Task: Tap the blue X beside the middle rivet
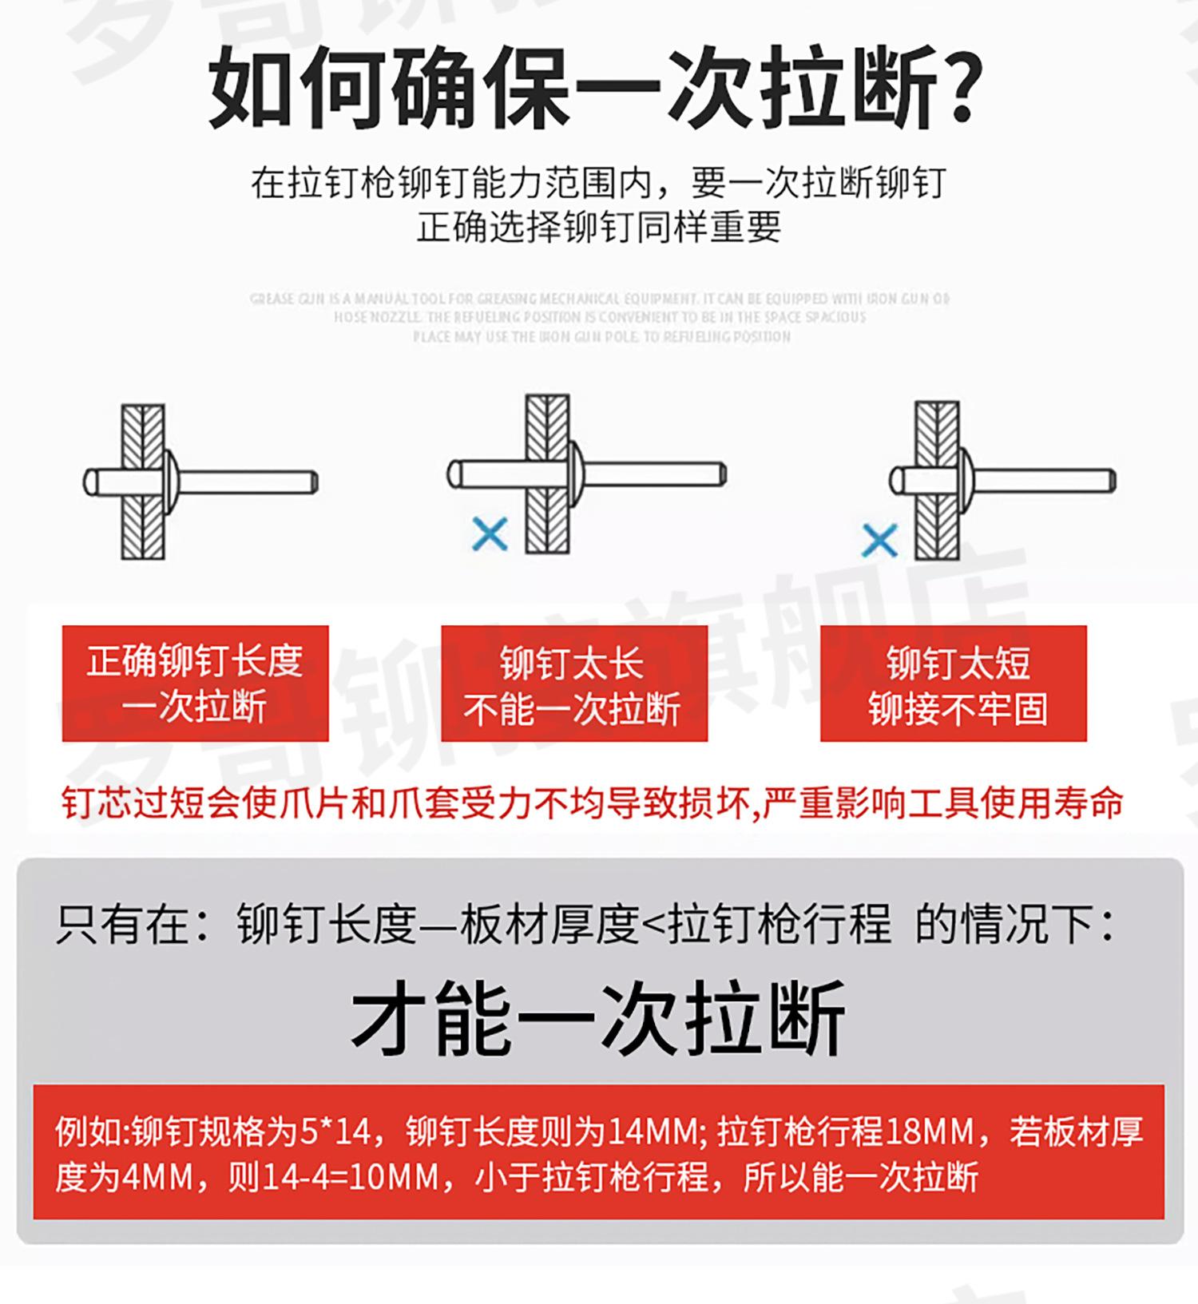490,534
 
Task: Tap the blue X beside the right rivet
880,541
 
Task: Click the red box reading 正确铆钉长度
195,683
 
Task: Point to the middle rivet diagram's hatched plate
548,519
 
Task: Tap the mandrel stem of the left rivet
248,482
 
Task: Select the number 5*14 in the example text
336,1132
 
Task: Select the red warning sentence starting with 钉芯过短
592,803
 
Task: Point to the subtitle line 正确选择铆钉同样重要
598,228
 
